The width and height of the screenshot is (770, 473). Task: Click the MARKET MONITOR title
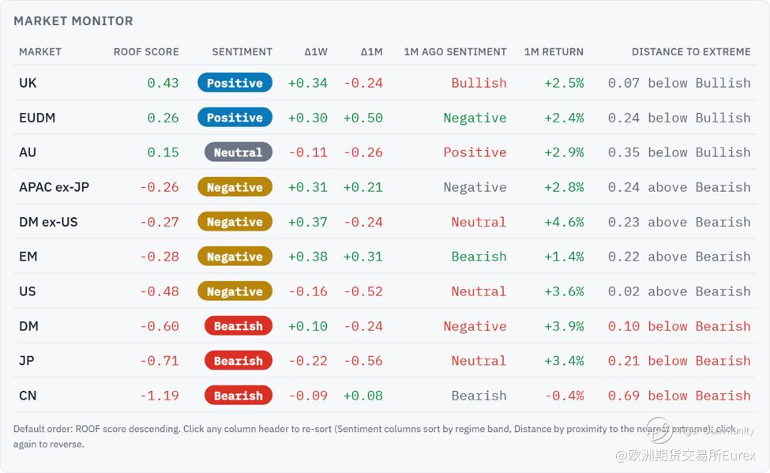pyautogui.click(x=73, y=21)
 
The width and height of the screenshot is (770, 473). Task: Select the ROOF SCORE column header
pyautogui.click(x=146, y=52)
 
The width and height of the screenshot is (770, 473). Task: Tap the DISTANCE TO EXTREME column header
pyautogui.click(x=691, y=52)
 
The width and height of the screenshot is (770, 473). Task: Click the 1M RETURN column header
pyautogui.click(x=554, y=52)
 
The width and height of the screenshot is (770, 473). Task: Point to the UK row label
pyautogui.click(x=28, y=83)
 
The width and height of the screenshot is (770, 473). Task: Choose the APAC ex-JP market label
pyautogui.click(x=54, y=187)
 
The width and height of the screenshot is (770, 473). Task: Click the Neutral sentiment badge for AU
pyautogui.click(x=239, y=152)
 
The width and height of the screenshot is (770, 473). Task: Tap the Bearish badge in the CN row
pyautogui.click(x=239, y=396)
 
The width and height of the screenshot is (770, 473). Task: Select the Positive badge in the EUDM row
pyautogui.click(x=235, y=118)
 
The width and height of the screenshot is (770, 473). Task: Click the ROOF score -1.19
pyautogui.click(x=160, y=396)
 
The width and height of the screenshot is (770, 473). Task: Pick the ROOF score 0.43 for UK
pyautogui.click(x=163, y=83)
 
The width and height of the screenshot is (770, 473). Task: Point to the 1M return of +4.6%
pyautogui.click(x=564, y=222)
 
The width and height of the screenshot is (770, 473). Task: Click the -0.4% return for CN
pyautogui.click(x=564, y=396)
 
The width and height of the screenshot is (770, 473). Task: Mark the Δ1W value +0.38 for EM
pyautogui.click(x=307, y=257)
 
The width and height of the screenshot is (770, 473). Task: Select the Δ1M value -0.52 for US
pyautogui.click(x=363, y=291)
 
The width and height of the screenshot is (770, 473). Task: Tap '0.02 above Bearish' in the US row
pyautogui.click(x=679, y=291)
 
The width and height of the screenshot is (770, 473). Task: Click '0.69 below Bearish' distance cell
pyautogui.click(x=679, y=396)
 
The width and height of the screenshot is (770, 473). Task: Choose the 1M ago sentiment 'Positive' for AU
pyautogui.click(x=475, y=152)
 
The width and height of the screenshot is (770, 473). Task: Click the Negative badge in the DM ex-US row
pyautogui.click(x=235, y=222)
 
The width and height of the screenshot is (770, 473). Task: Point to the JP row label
pyautogui.click(x=27, y=361)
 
